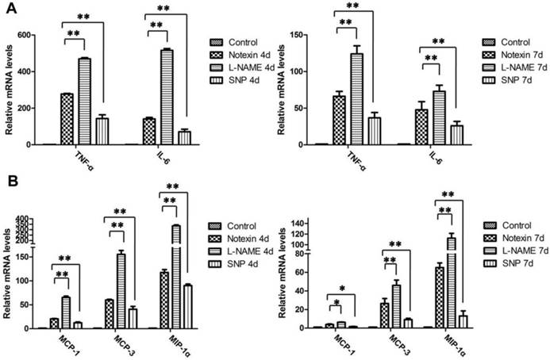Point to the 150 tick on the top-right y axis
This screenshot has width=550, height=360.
tap(304, 36)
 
